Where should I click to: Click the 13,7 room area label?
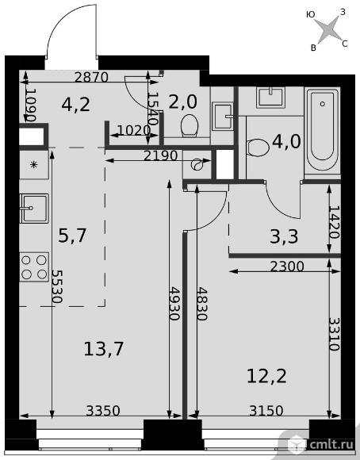point(104,349)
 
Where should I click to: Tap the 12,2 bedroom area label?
point(266,376)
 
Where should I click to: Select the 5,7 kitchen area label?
point(72,236)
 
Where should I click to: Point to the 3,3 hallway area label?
point(284,237)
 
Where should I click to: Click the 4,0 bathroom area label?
point(286,142)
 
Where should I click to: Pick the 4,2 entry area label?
point(75,105)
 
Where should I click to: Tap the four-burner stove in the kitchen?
point(34,267)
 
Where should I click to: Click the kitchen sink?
point(34,209)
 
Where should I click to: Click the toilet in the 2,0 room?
point(190,125)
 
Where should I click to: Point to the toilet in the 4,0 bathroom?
point(258,148)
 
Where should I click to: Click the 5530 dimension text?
point(56,286)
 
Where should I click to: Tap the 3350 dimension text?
point(103,411)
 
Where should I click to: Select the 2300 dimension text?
point(287,266)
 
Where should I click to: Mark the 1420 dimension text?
point(334,222)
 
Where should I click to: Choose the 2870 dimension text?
point(91,78)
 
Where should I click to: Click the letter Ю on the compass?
point(310,14)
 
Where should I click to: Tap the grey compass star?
point(330,29)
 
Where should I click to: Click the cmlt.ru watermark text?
point(331,444)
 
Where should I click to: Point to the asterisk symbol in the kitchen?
point(34,165)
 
